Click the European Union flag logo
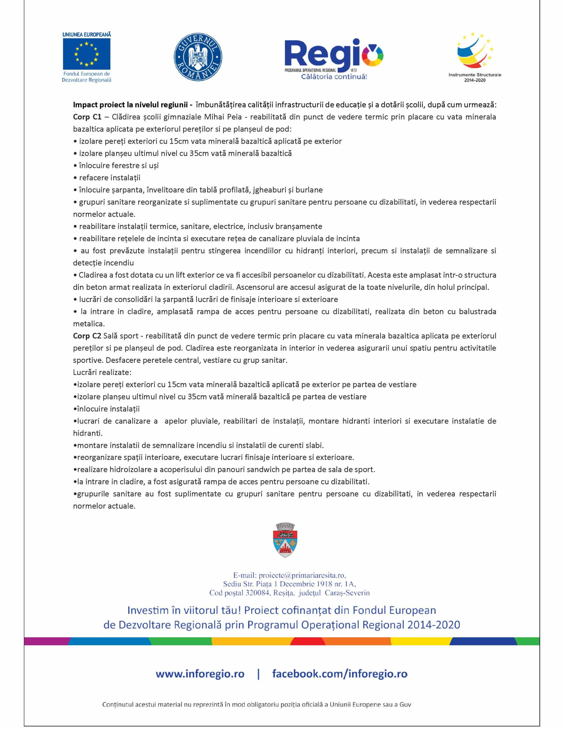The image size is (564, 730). [87, 54]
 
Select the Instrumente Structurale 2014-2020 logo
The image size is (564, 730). [475, 57]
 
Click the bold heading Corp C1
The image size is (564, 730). [87, 117]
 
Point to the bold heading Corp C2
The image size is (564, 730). [87, 336]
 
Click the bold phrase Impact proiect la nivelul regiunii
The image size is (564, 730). [130, 105]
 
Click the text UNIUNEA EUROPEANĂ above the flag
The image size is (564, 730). [87, 35]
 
